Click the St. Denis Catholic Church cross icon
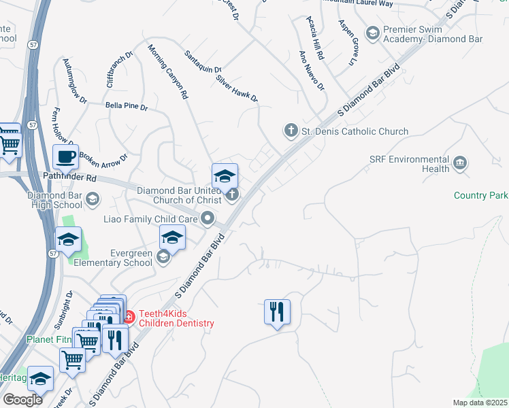(x=291, y=131)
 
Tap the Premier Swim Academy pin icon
(x=372, y=33)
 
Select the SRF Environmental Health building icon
(x=460, y=163)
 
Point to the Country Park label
(x=480, y=196)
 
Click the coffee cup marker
(x=66, y=156)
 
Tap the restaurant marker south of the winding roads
(x=277, y=311)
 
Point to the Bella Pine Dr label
(x=126, y=107)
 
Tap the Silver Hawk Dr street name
(x=237, y=88)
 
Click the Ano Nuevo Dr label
(x=312, y=71)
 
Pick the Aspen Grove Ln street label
(x=347, y=42)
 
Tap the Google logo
(x=22, y=400)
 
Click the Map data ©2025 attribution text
(x=480, y=403)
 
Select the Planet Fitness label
(x=48, y=339)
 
